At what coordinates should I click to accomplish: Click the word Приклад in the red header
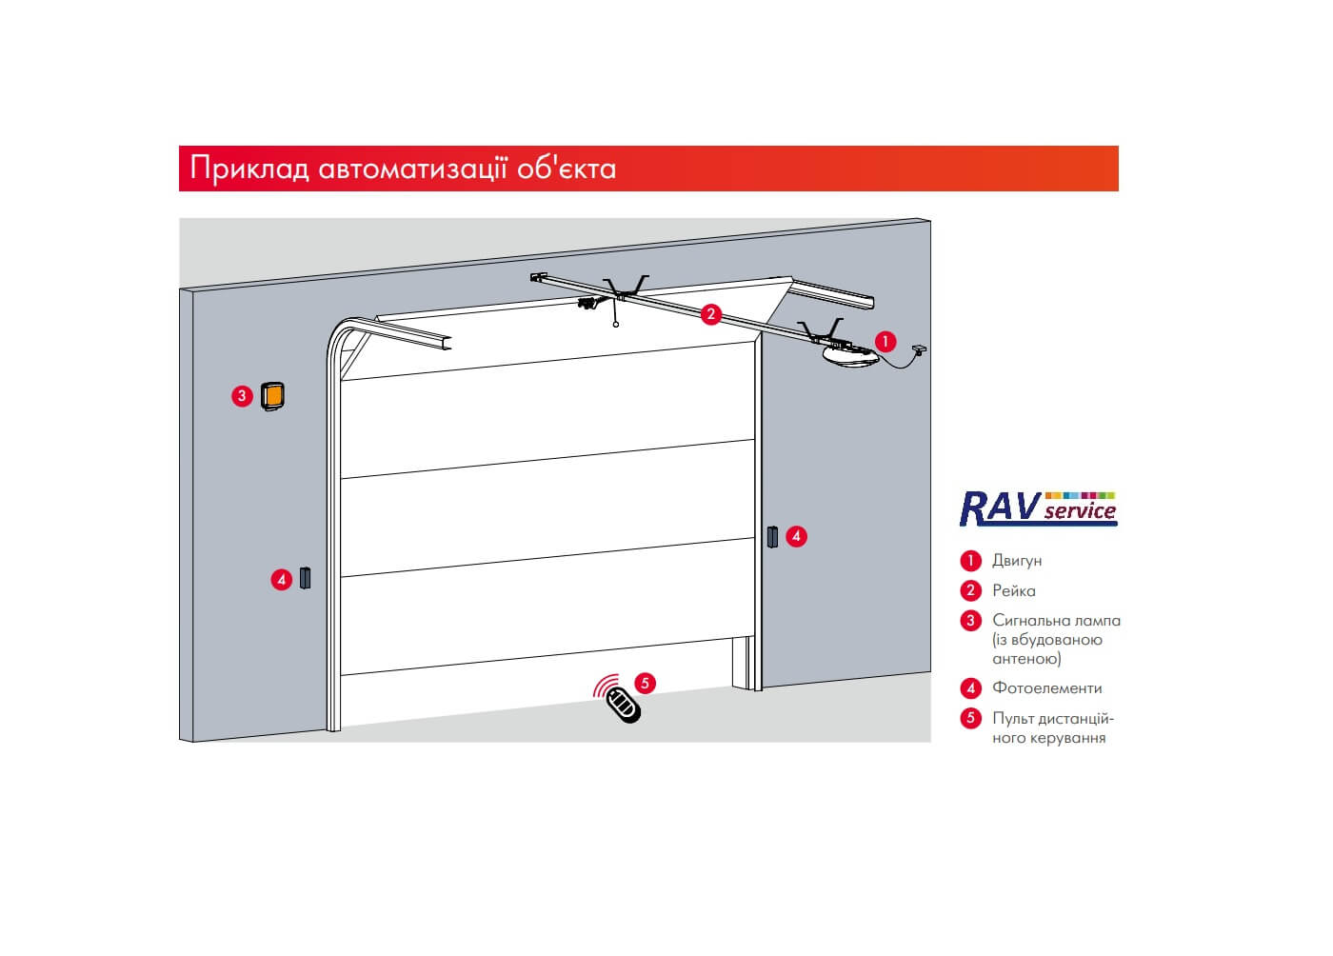coord(249,169)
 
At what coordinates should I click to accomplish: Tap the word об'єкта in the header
coord(567,169)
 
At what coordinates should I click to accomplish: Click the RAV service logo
coord(1039,509)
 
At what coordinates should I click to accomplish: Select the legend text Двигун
coord(1017,561)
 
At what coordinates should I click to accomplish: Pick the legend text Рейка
coord(1013,590)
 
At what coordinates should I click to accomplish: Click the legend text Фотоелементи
coord(1046,688)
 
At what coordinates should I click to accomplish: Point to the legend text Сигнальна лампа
coord(1056,620)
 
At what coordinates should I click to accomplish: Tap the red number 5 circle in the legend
coord(970,718)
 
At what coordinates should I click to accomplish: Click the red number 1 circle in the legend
coord(970,561)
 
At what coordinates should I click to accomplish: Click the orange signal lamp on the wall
coord(272,396)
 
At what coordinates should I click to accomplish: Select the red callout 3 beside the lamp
coord(242,396)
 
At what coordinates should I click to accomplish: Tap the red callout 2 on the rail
coord(710,313)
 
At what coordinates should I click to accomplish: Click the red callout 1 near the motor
coord(885,341)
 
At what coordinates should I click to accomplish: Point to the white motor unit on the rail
coord(849,357)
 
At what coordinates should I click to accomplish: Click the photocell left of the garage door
coord(305,577)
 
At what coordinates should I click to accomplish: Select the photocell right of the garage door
coord(772,536)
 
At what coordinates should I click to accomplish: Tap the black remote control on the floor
coord(623,706)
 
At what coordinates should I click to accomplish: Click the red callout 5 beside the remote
coord(646,683)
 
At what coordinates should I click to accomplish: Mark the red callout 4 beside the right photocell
coord(797,536)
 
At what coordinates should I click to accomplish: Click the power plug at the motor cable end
coord(920,349)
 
